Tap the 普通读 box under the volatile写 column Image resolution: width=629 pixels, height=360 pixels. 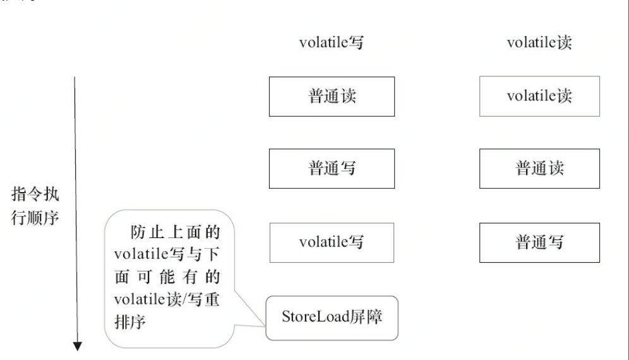click(332, 97)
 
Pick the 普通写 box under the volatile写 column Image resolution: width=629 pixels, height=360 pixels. click(332, 169)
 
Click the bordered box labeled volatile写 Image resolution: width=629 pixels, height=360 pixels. click(332, 242)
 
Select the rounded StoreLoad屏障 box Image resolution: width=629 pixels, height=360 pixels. click(332, 316)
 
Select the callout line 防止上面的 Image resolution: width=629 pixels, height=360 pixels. click(174, 230)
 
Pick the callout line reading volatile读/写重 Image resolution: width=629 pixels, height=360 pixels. click(167, 300)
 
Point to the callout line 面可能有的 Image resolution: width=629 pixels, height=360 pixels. click(167, 277)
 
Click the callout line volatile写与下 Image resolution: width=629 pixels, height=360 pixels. click(167, 254)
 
